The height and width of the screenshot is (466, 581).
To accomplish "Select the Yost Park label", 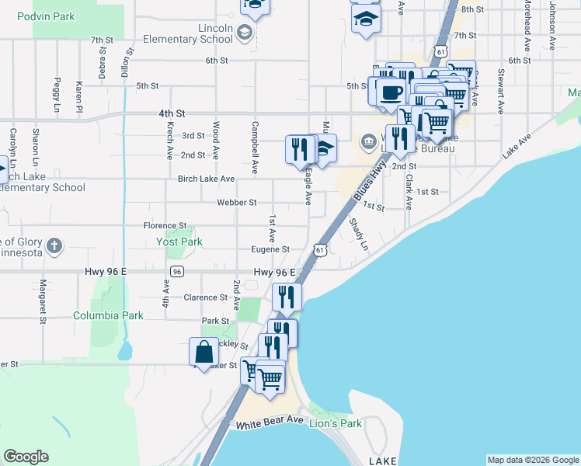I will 179,242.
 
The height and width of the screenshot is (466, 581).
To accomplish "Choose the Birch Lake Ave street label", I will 206,179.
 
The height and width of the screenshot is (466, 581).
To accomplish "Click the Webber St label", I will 236,203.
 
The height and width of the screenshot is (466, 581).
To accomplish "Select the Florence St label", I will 165,225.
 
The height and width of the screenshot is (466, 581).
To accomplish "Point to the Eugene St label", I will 270,249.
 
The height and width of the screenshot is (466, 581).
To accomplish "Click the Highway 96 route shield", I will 178,271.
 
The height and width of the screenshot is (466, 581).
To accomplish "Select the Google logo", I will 26,457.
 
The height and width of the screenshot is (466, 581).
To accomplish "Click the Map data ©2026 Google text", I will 532,460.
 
